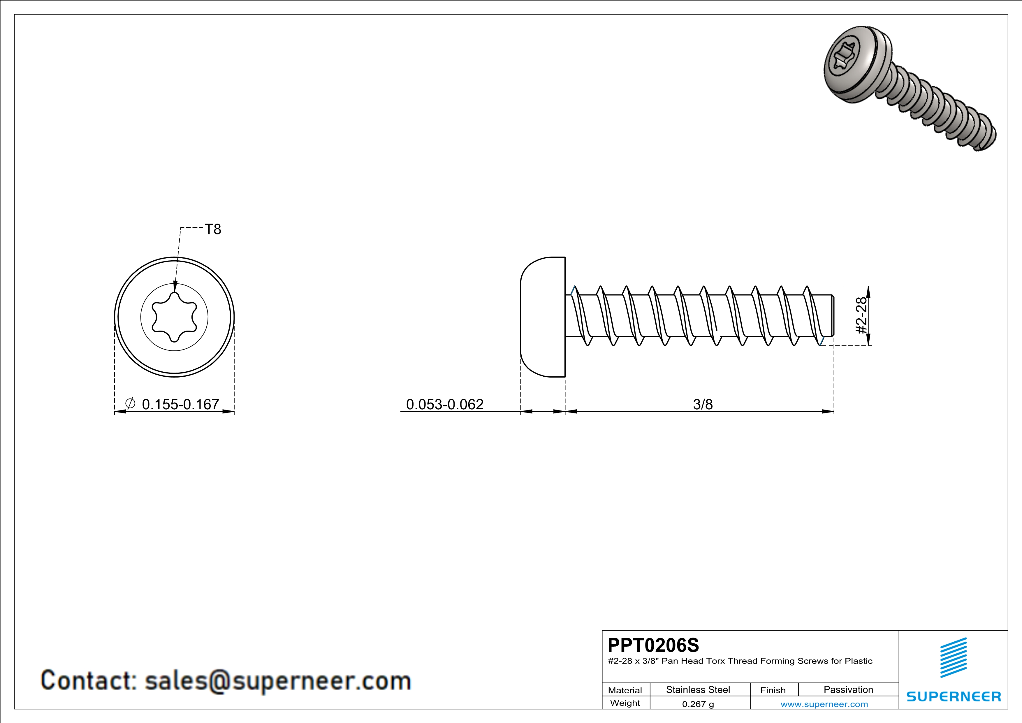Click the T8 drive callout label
[x=213, y=229]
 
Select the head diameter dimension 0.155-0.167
[x=180, y=404]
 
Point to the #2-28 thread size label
[x=862, y=316]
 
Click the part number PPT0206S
[x=653, y=645]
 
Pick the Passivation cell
[x=848, y=689]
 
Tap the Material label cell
[x=625, y=690]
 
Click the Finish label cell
[x=773, y=690]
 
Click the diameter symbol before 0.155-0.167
[x=130, y=404]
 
